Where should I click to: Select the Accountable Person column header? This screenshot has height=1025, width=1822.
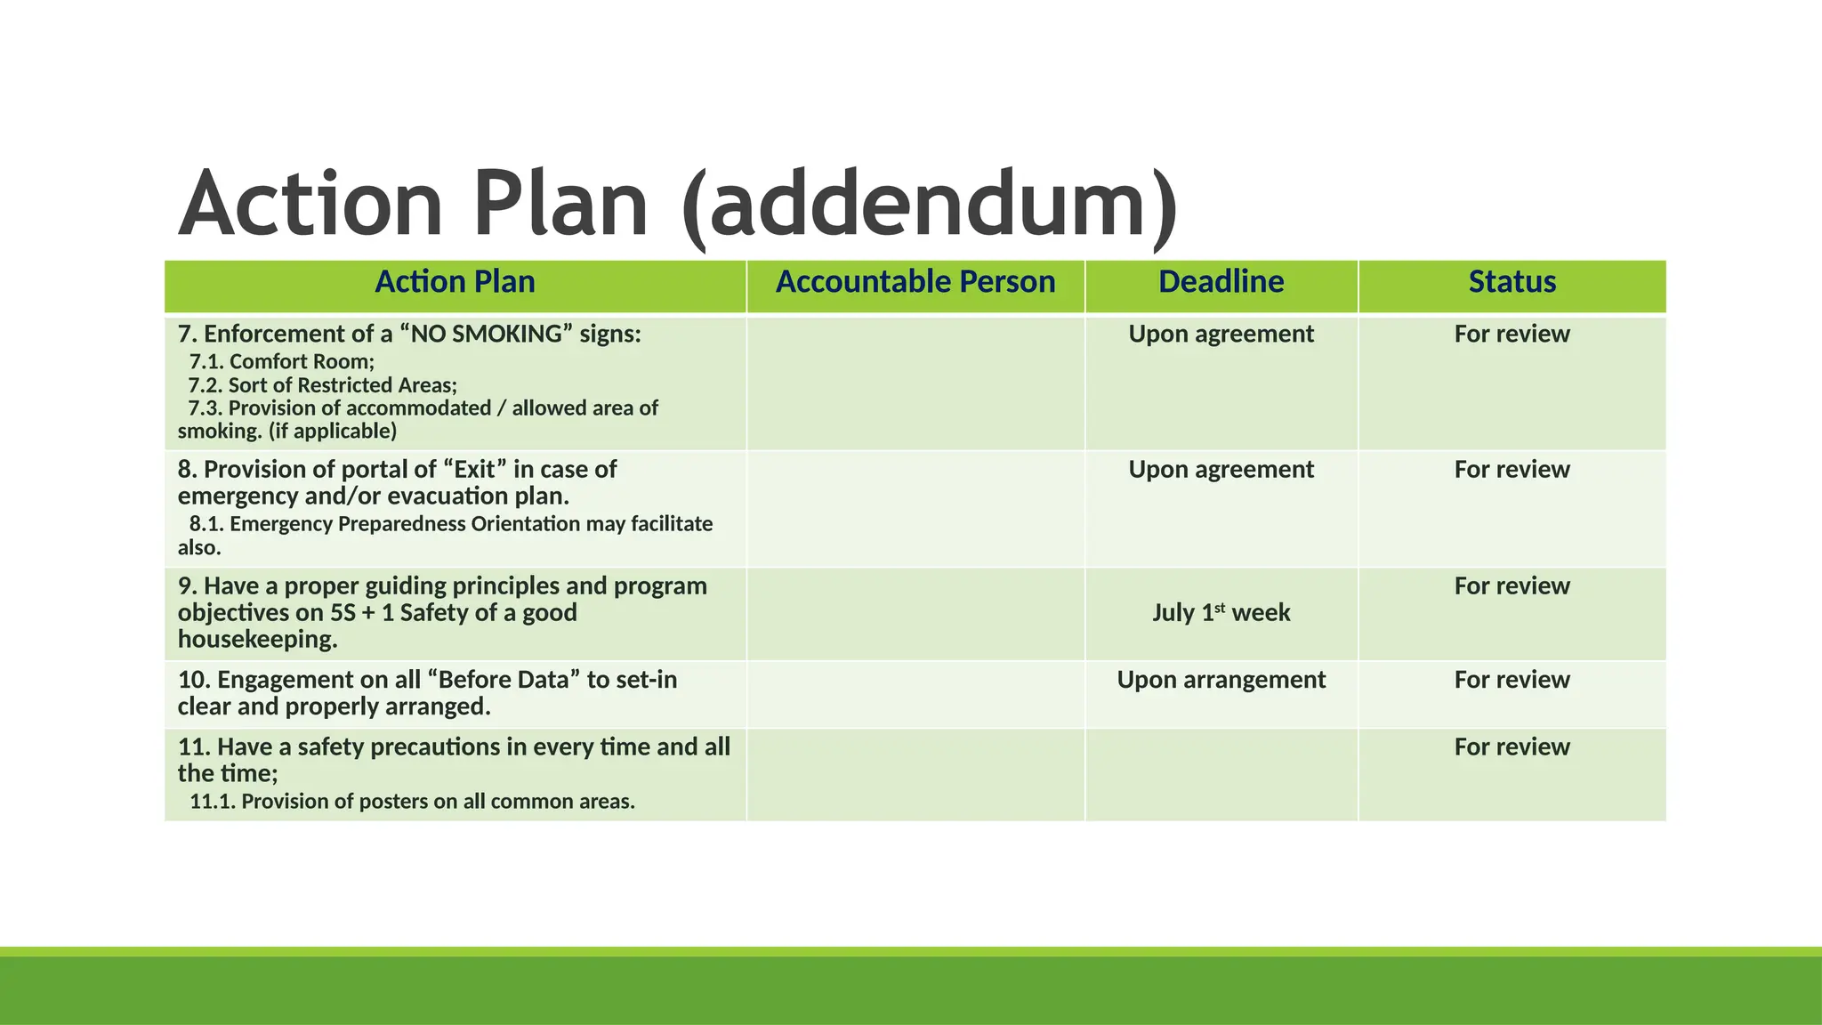click(x=915, y=282)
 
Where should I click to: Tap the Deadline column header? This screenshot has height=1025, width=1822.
click(x=1221, y=282)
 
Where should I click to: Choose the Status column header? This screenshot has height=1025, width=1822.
click(x=1512, y=282)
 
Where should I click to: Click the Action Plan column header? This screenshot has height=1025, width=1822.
click(x=455, y=282)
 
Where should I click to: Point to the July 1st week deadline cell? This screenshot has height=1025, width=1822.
click(x=1221, y=613)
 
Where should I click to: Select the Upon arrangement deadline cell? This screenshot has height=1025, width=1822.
click(x=1221, y=680)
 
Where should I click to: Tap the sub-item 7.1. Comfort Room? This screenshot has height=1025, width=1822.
click(x=282, y=362)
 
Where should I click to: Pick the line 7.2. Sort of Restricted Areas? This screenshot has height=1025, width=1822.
click(x=323, y=385)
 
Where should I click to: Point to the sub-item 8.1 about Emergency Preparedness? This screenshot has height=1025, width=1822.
click(x=451, y=524)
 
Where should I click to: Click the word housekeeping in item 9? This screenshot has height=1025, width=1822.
click(x=258, y=640)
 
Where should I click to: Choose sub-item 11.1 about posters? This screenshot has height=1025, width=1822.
click(x=412, y=802)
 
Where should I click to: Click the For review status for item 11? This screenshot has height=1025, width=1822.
click(x=1512, y=747)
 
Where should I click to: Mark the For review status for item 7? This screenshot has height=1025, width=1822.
click(x=1512, y=335)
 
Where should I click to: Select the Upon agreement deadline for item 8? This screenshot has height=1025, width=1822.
click(x=1221, y=470)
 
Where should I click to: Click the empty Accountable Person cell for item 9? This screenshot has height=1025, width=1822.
click(x=915, y=614)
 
